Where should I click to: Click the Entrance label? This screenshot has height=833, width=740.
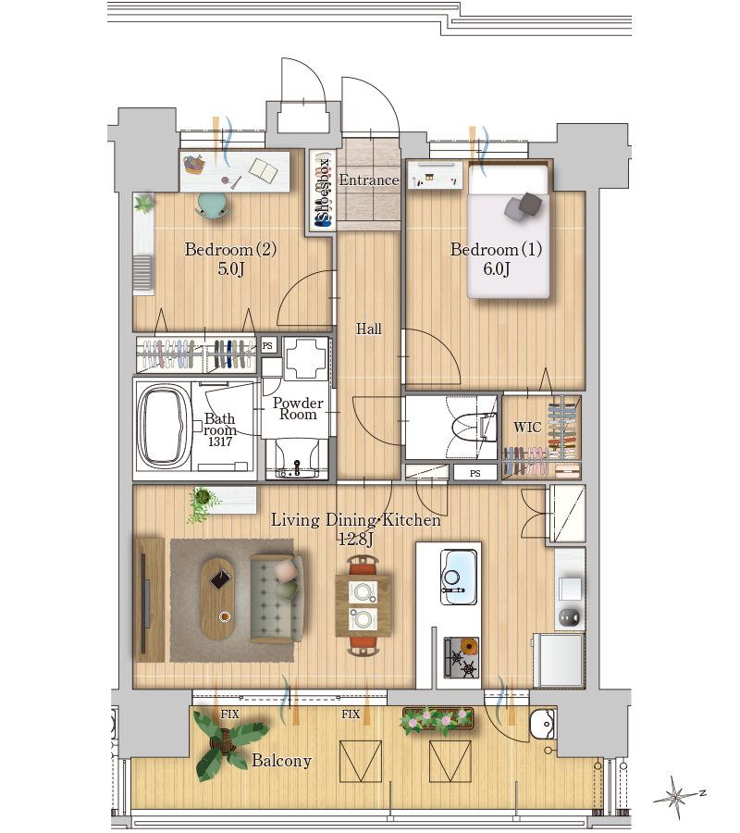coord(369,180)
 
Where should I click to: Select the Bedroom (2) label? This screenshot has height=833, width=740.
coord(230,249)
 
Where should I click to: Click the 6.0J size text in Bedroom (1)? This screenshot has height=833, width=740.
coord(497,268)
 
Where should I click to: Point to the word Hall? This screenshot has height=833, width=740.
coord(368,329)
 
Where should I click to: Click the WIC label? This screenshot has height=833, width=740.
coord(527,427)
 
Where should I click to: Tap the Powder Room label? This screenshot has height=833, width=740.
coord(298,408)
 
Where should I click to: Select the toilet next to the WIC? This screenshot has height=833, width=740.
coord(473,427)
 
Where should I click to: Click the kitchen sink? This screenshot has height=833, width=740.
coord(459,577)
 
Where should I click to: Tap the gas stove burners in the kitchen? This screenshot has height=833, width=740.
coord(461,658)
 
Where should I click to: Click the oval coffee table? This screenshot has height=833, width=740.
coord(217,599)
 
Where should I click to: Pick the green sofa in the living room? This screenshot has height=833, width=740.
coord(276,599)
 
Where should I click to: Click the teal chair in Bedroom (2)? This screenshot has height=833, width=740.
coord(213,205)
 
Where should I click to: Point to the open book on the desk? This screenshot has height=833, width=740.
coord(264,171)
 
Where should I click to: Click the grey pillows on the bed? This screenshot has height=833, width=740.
coord(523,206)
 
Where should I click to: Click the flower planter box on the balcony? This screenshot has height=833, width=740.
coord(438,719)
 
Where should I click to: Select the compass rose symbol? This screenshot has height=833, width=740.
coord(676,796)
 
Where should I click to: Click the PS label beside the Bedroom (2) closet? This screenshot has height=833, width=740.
coord(267,345)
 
